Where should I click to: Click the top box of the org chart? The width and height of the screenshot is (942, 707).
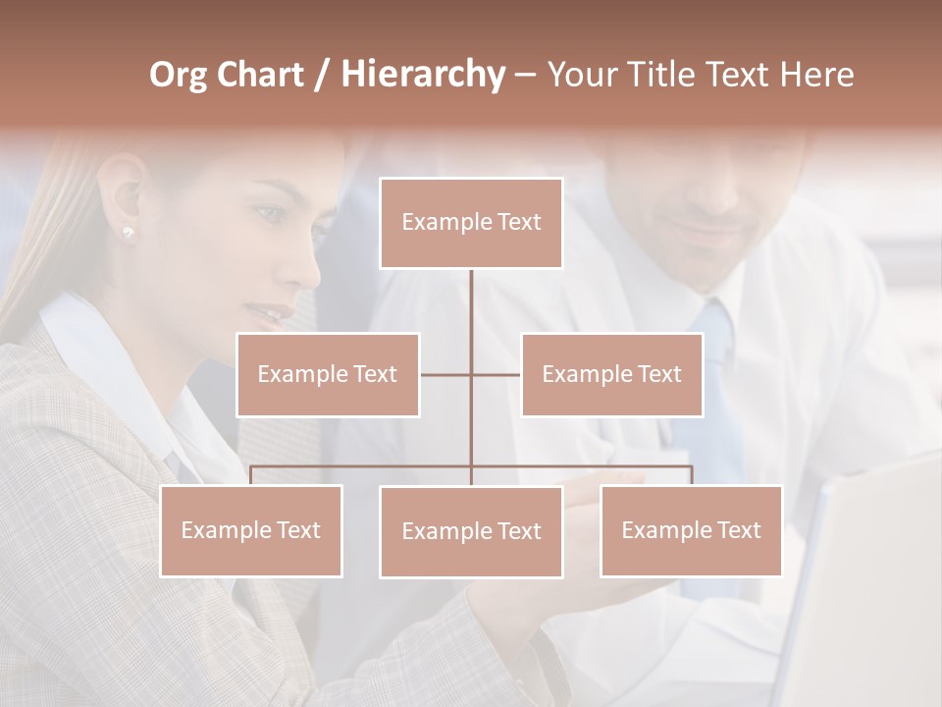471,223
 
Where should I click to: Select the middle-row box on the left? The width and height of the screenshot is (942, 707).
328,374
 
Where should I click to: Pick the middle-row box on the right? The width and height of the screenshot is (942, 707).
611,374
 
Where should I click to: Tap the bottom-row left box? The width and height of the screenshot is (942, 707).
251,530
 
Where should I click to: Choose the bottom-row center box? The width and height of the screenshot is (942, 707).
471,531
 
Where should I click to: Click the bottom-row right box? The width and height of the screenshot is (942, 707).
691,530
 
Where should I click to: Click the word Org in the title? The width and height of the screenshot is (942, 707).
178,75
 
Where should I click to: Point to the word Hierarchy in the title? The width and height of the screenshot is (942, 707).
422,75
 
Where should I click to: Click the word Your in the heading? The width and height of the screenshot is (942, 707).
581,75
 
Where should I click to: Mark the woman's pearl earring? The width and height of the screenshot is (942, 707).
128,232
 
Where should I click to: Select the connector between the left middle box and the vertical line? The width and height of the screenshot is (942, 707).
445,374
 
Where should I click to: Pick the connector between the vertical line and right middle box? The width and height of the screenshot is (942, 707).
497,374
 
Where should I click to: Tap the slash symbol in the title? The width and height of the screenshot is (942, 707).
321,75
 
